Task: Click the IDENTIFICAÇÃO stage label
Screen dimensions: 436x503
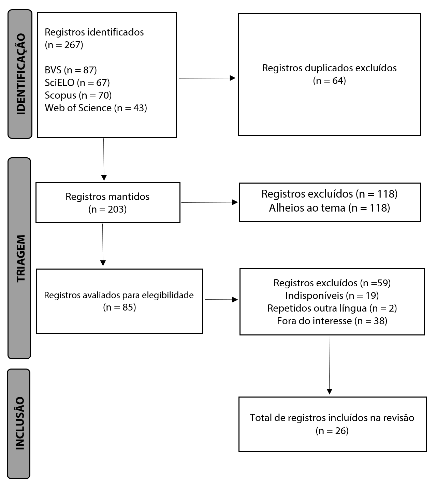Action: coord(21,74)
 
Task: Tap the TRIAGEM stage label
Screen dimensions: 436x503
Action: coord(21,258)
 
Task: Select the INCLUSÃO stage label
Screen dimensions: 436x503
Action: coord(20,423)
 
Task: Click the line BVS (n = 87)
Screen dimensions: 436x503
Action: coord(71,70)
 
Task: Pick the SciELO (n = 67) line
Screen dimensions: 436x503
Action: coord(77,83)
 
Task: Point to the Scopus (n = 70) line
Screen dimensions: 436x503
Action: coord(78,96)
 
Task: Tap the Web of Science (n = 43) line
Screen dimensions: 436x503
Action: coord(96,108)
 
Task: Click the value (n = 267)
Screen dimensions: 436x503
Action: coord(64,45)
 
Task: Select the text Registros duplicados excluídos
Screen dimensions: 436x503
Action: coord(330,68)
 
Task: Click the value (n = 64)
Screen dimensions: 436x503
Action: coord(330,81)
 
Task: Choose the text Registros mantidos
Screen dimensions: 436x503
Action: coord(107,197)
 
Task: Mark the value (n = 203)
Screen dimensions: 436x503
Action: coord(107,209)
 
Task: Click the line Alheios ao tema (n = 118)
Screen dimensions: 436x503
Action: coord(330,208)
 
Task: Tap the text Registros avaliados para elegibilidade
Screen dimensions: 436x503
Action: coord(119,295)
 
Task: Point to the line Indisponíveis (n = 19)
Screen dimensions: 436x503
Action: coord(332,296)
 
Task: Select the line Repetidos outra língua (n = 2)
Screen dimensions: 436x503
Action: coord(332,308)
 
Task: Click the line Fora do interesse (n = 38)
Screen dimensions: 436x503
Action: coord(332,321)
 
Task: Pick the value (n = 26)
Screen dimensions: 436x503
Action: coord(332,431)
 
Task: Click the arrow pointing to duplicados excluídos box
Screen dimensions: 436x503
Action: coord(207,78)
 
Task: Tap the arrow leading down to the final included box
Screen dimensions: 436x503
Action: coord(329,365)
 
